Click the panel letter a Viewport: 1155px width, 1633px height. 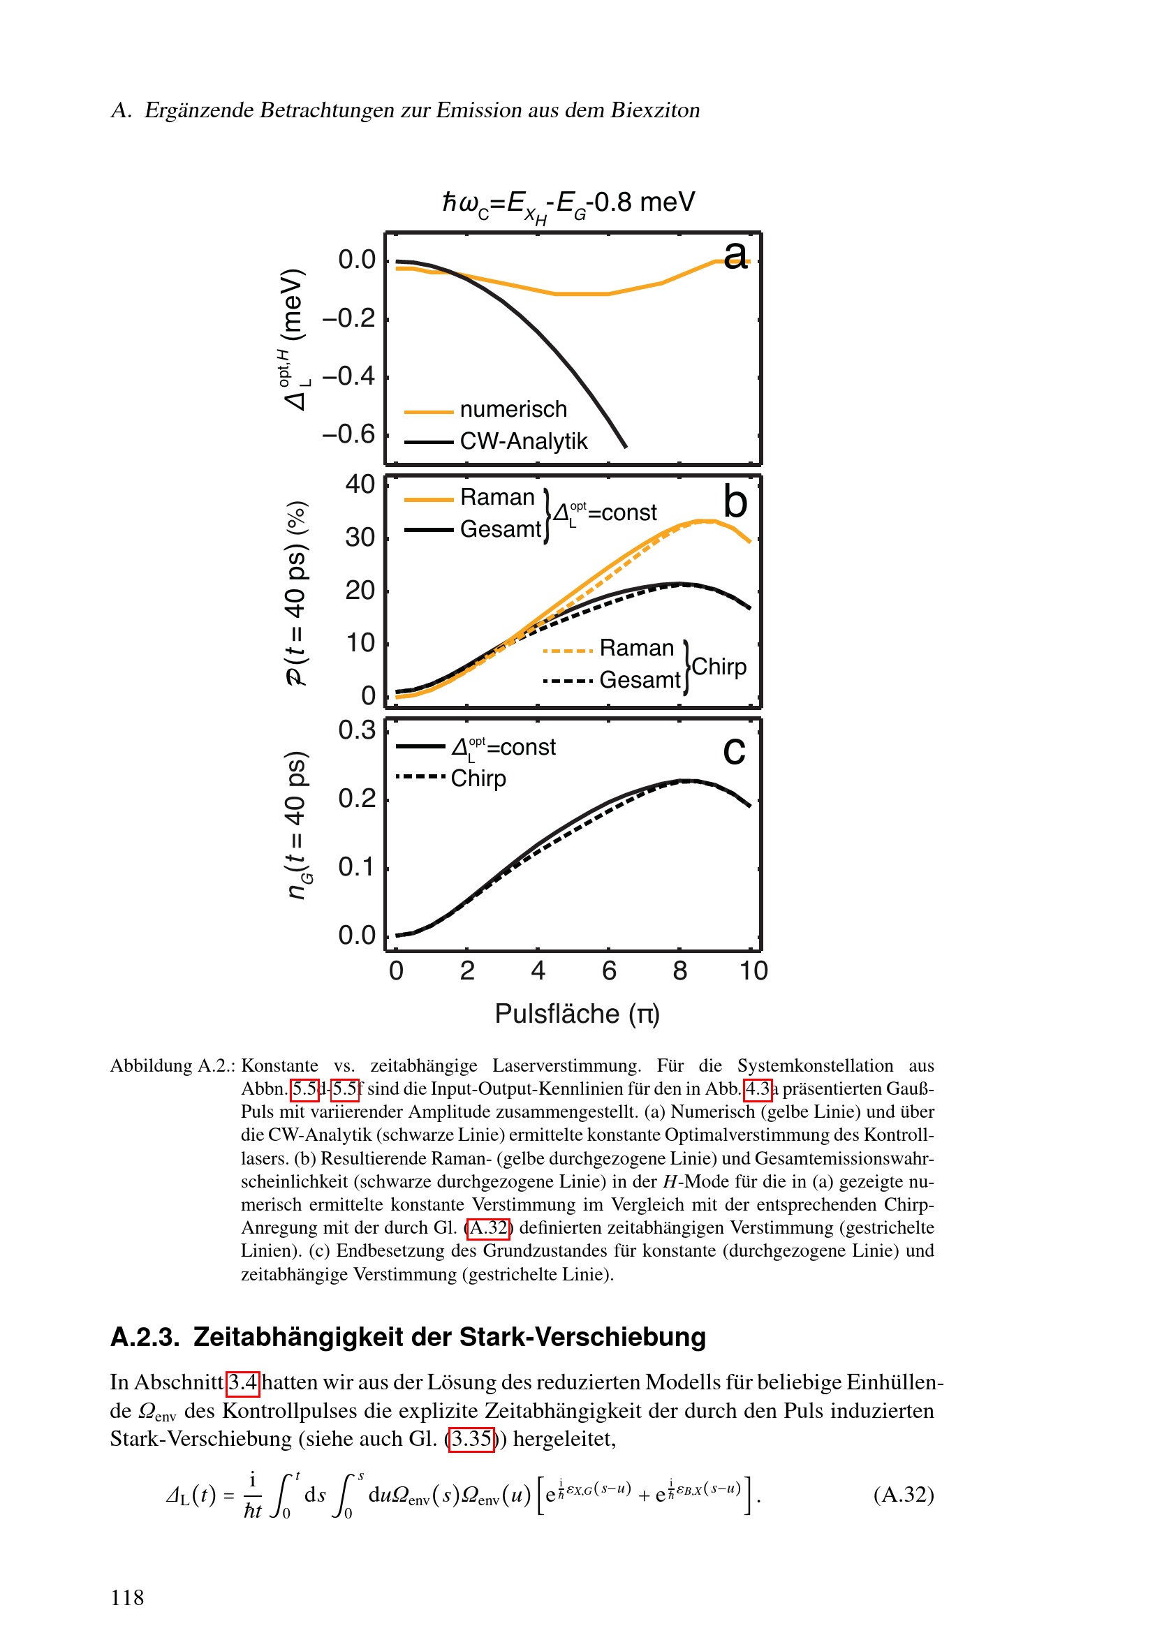click(735, 255)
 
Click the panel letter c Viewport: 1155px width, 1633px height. click(734, 751)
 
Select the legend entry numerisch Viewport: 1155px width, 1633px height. click(513, 410)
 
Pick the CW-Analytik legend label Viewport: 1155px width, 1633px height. click(524, 442)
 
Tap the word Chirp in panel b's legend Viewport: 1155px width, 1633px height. click(719, 667)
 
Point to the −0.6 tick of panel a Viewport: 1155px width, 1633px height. click(348, 434)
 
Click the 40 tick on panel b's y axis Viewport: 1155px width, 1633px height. click(360, 485)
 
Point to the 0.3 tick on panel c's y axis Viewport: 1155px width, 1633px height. click(356, 730)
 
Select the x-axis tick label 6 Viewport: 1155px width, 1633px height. click(609, 971)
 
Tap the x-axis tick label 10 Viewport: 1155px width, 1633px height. click(753, 971)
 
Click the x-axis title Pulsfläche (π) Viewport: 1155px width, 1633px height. click(577, 1014)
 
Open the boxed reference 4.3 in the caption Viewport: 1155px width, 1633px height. click(758, 1089)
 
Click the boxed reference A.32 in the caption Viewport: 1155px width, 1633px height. click(489, 1228)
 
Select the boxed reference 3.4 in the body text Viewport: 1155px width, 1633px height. click(242, 1382)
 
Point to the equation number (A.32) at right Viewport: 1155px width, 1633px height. click(903, 1494)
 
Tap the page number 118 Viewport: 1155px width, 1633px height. click(127, 1597)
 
